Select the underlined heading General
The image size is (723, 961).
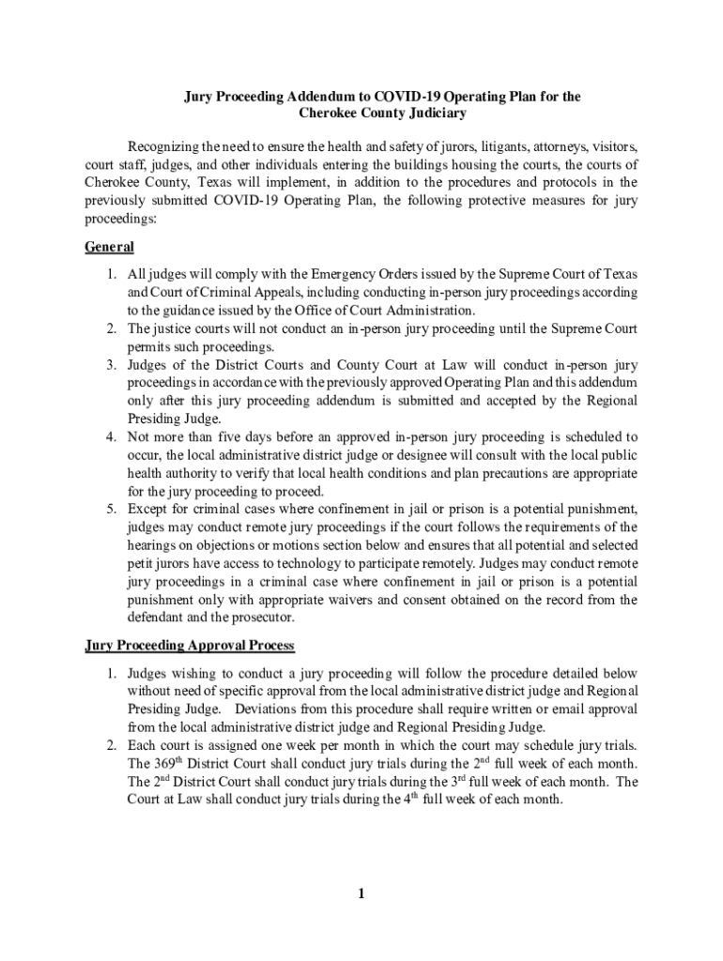point(110,247)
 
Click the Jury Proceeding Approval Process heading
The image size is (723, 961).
point(190,646)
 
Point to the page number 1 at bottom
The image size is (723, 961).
point(361,893)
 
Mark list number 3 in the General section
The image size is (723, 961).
point(110,365)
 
